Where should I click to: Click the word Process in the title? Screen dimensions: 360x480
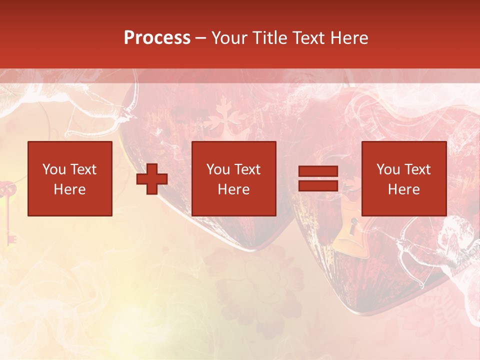click(157, 38)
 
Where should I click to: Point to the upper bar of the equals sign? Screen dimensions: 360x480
click(318, 171)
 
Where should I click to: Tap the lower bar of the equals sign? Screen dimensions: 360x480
click(318, 186)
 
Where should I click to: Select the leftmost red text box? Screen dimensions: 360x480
click(70, 178)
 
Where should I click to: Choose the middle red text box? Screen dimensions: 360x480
click(233, 178)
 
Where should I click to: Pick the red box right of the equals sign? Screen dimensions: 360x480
click(404, 178)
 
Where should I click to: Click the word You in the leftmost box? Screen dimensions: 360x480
click(54, 169)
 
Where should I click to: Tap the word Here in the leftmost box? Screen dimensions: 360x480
click(70, 189)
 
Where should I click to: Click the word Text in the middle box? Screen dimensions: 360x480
click(247, 169)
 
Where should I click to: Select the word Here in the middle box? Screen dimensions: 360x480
click(233, 189)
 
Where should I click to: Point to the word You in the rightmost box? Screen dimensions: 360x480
click(388, 169)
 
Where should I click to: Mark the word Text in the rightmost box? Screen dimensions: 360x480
click(417, 169)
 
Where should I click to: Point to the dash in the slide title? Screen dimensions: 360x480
click(200, 38)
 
